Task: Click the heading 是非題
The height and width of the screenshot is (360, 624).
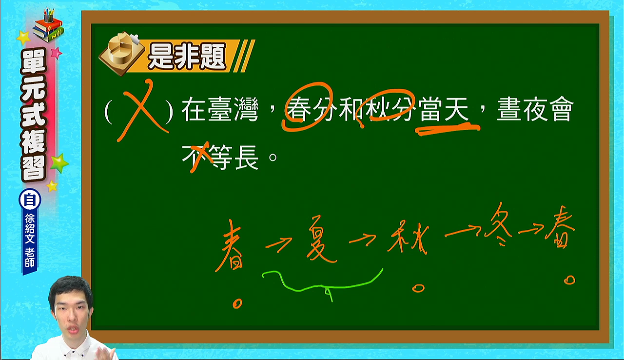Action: pyautogui.click(x=187, y=57)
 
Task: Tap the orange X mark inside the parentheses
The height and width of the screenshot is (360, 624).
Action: pyautogui.click(x=143, y=110)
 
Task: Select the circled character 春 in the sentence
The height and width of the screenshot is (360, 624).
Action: pyautogui.click(x=299, y=109)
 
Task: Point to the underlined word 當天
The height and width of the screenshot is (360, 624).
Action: pyautogui.click(x=444, y=109)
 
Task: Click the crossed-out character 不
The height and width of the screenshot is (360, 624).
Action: pyautogui.click(x=195, y=158)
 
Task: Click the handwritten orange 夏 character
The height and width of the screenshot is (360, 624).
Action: pyautogui.click(x=320, y=239)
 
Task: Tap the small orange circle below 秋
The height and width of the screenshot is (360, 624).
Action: pyautogui.click(x=418, y=288)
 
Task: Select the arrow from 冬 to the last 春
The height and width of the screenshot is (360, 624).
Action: pyautogui.click(x=531, y=229)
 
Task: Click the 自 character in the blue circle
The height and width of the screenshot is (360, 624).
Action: pyautogui.click(x=30, y=200)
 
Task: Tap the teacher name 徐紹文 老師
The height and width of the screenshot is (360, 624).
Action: pyautogui.click(x=30, y=241)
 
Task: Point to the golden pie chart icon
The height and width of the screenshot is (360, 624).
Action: pyautogui.click(x=122, y=53)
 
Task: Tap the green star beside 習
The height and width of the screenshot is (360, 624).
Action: pyautogui.click(x=59, y=163)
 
